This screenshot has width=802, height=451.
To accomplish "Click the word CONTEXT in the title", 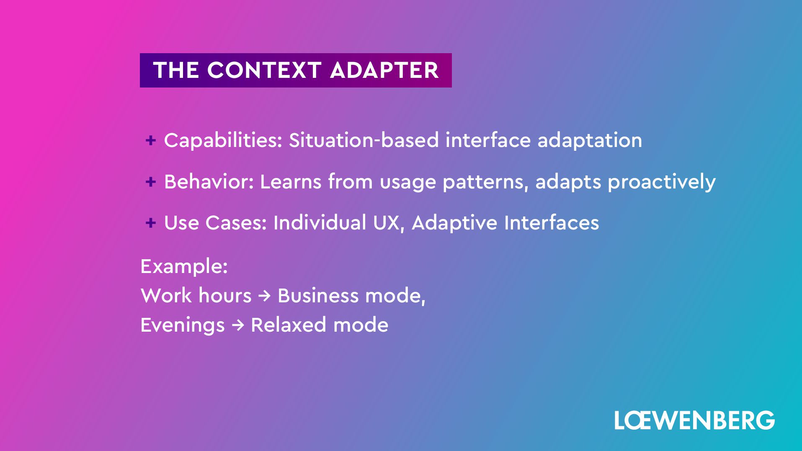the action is [x=264, y=70].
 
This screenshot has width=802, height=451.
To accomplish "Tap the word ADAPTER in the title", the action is [x=384, y=70].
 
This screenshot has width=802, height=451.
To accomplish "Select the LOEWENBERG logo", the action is [x=694, y=420].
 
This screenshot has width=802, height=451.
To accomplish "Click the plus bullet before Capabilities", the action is [x=151, y=140].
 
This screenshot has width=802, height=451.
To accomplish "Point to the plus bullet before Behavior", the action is [x=151, y=182].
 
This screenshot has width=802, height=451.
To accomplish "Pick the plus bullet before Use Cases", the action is [x=151, y=223].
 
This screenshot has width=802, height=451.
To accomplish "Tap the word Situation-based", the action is [x=364, y=140].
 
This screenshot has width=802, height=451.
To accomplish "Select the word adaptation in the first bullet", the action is [x=590, y=140].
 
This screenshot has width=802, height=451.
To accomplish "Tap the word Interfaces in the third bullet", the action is [x=552, y=223].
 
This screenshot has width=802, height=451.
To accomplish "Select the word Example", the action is [x=184, y=267].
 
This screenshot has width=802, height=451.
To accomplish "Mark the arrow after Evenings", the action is [x=237, y=325].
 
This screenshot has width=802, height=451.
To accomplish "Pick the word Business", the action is [x=318, y=296].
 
